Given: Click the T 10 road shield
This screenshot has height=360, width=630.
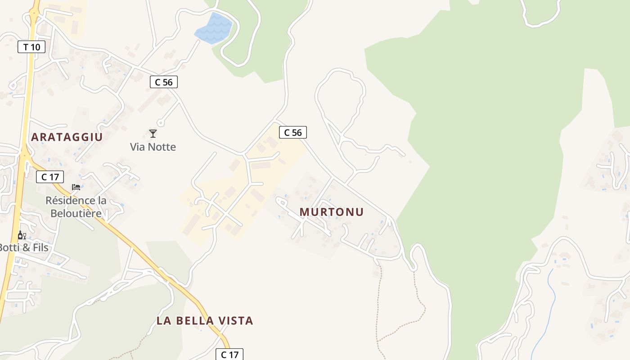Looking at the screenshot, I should (31, 47).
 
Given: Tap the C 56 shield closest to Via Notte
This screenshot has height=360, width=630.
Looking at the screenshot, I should (164, 82).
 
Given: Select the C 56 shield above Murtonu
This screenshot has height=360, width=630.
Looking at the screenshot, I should (293, 132).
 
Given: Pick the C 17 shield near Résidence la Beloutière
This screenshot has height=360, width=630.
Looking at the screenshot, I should (50, 177).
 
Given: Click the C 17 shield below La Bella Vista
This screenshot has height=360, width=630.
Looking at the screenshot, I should (229, 355).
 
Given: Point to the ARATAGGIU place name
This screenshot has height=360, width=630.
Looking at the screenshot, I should (67, 137).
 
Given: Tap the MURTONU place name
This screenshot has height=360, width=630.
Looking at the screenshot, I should (332, 212).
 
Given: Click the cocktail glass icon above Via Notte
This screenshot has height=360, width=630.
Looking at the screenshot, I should (153, 134).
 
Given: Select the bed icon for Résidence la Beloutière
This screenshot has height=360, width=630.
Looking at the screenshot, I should (76, 187).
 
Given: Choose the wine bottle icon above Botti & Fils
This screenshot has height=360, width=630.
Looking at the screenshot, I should (22, 235).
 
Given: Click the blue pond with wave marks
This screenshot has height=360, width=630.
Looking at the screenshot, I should (214, 29).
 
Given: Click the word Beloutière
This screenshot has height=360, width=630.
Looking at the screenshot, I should (76, 213).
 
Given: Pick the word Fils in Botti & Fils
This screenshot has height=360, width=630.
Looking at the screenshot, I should (38, 247).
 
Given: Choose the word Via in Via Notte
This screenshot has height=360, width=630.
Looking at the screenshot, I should (138, 147).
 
